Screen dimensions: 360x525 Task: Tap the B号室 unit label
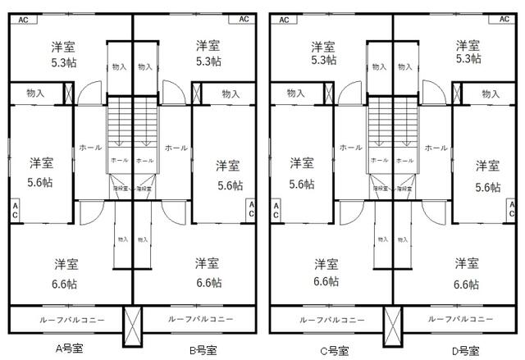203,350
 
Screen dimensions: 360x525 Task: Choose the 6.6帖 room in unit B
208,273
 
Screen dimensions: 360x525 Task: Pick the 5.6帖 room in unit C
302,172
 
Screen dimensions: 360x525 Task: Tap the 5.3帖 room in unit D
468,52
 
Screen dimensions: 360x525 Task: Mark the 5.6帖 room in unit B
229,175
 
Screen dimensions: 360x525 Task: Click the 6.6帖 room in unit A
66,273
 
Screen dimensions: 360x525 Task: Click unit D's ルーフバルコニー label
460,319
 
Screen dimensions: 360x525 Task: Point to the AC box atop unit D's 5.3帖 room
504,18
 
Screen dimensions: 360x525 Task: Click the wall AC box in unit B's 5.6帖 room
252,209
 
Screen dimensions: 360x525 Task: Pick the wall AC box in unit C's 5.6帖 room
276,209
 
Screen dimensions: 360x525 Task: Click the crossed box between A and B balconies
132,325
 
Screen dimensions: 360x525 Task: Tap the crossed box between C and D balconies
392,325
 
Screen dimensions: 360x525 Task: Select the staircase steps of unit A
120,123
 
